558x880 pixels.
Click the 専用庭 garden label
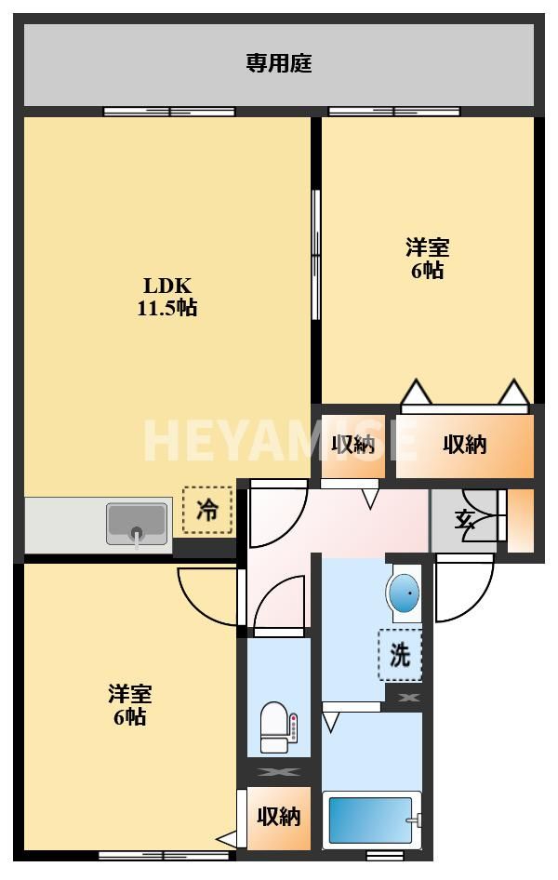(x=279, y=63)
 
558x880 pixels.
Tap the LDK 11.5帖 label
(x=167, y=297)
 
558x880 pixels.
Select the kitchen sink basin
(x=138, y=524)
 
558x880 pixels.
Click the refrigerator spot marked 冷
(x=207, y=510)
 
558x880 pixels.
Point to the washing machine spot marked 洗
(x=399, y=654)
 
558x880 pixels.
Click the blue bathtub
(x=371, y=820)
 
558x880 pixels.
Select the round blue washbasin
(x=403, y=593)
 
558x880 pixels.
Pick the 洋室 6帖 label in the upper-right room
(x=427, y=259)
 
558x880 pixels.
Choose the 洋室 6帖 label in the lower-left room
(x=130, y=705)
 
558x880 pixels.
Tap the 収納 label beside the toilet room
(x=279, y=817)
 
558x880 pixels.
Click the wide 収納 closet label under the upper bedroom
(x=465, y=445)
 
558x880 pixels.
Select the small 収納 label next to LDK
(x=352, y=445)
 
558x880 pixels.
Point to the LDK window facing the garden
(x=169, y=111)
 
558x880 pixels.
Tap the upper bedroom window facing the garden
(x=394, y=111)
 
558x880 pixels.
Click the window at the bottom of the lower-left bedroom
(x=164, y=856)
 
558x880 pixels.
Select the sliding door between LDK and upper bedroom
(x=315, y=255)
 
